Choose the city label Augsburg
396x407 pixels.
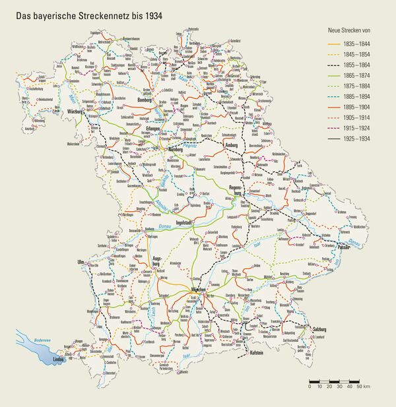click(157, 259)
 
